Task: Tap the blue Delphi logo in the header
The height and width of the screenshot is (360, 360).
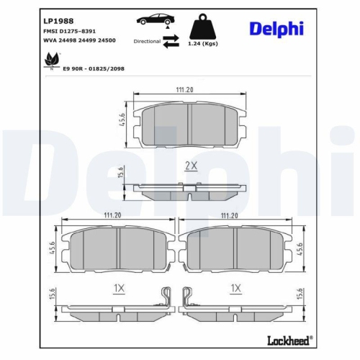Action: click(276, 28)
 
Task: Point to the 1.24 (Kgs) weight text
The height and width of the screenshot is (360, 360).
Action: click(204, 45)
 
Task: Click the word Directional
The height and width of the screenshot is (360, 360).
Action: click(147, 42)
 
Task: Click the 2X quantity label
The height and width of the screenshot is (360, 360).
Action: click(191, 166)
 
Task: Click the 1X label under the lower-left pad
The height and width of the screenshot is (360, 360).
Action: click(120, 288)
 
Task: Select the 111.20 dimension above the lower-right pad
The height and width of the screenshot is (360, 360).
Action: click(230, 215)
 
